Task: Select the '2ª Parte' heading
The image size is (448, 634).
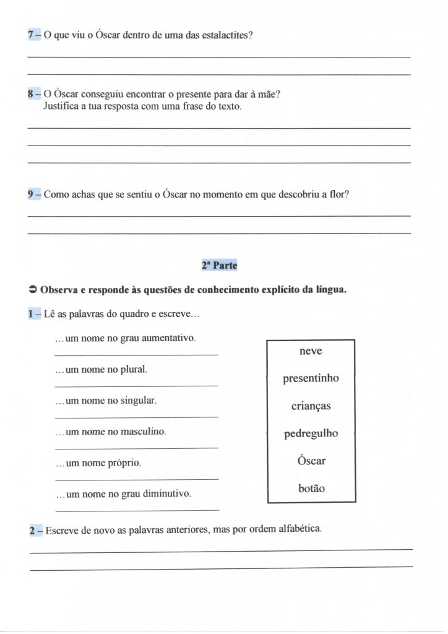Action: (x=219, y=264)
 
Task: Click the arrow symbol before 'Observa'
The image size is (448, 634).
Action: (x=33, y=290)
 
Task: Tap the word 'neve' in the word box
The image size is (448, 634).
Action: (x=311, y=351)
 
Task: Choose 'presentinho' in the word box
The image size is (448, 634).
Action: (x=311, y=378)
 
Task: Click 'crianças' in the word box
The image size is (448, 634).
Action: (x=311, y=406)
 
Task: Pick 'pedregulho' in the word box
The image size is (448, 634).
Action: (x=311, y=433)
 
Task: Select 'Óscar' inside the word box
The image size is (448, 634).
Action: (x=311, y=461)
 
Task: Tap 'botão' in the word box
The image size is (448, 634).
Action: (x=311, y=488)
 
